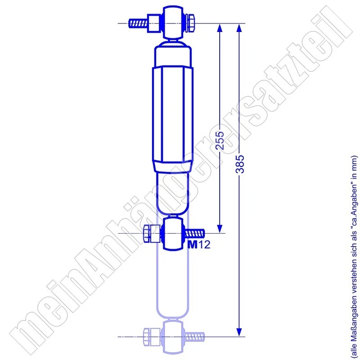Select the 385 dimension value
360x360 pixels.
click(239, 166)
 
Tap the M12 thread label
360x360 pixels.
click(198, 245)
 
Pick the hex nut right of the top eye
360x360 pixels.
click(190, 23)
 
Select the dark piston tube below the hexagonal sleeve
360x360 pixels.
click(173, 191)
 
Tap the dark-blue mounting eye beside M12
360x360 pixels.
click(173, 233)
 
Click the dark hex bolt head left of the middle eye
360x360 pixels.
click(149, 234)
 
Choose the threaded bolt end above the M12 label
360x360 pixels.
click(194, 233)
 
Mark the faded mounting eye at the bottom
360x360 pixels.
click(173, 336)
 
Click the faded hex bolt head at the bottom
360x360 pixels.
click(149, 336)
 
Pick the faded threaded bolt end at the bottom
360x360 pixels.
click(194, 336)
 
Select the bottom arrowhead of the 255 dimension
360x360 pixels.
click(220, 228)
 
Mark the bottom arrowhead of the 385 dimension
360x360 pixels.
click(239, 331)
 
